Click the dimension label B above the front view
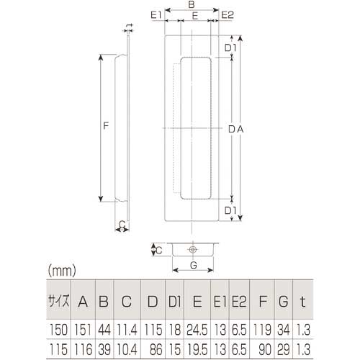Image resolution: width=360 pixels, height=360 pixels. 192,4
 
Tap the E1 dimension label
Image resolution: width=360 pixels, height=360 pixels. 156,15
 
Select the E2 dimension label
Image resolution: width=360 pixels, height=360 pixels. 227,15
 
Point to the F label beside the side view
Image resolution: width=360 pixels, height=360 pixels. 106,125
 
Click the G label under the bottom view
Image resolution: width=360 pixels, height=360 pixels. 194,265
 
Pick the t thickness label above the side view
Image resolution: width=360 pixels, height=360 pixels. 130,26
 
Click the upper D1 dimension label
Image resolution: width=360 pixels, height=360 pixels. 230,48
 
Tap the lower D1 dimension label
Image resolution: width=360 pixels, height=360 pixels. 230,210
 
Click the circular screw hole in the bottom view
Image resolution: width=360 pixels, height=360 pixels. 192,250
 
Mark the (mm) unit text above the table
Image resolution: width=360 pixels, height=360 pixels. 62,271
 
